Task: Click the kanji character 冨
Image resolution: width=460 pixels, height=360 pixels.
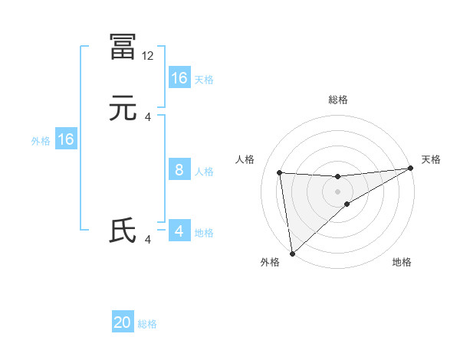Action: [x=123, y=47]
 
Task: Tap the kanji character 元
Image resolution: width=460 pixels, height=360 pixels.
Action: [x=123, y=110]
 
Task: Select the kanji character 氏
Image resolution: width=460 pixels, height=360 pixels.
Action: [x=123, y=231]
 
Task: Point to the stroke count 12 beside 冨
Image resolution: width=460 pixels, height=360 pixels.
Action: [x=148, y=56]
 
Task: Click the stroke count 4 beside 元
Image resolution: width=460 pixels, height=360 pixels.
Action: [x=148, y=117]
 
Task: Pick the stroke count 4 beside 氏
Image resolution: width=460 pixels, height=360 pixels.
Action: [x=148, y=240]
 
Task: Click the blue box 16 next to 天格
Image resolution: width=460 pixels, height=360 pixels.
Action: [x=179, y=78]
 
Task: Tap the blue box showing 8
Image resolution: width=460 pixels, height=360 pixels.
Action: [x=179, y=170]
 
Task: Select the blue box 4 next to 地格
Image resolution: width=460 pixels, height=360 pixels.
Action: [x=179, y=231]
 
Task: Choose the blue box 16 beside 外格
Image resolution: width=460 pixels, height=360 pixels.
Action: [x=66, y=139]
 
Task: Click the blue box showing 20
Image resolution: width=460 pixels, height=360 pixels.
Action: [x=123, y=322]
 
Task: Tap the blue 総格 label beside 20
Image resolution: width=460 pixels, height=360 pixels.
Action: [x=147, y=324]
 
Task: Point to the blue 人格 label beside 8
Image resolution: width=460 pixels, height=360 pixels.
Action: [x=204, y=172]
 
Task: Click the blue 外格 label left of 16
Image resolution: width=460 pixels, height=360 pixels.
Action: [x=41, y=141]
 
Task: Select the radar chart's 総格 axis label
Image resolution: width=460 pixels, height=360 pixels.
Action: [x=338, y=100]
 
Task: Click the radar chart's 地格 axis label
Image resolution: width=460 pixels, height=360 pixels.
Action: [x=402, y=262]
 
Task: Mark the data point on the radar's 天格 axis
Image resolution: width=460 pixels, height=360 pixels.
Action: [x=410, y=169]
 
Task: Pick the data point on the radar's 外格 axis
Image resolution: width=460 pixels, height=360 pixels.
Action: [x=291, y=253]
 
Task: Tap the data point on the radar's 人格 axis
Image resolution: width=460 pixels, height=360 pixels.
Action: [x=280, y=172]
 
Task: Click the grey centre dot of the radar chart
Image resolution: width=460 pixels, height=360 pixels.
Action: [x=338, y=191]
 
